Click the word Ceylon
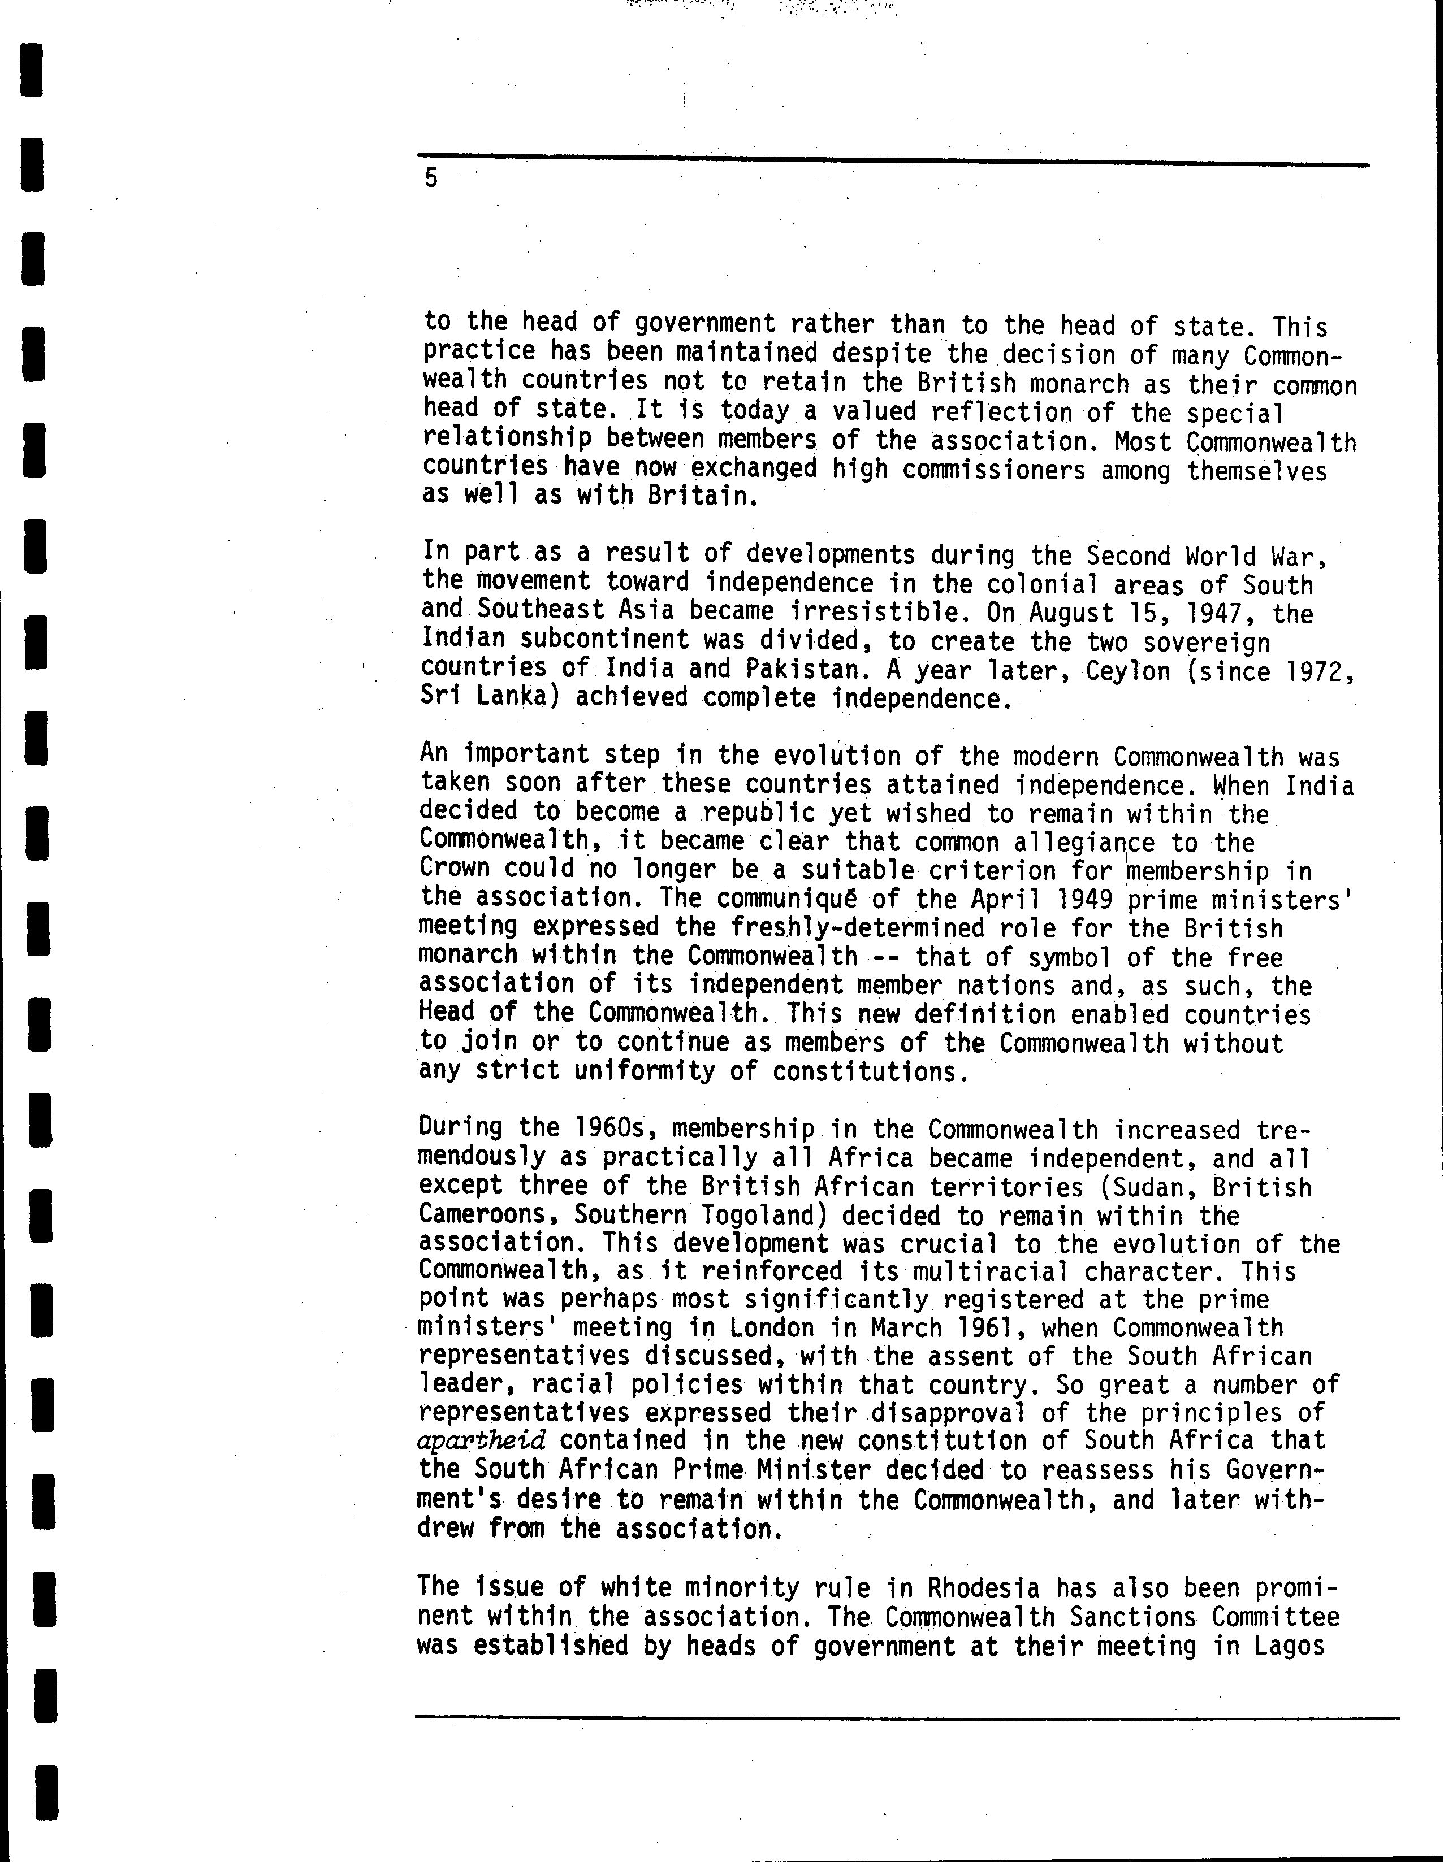click(x=1129, y=671)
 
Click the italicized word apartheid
click(x=482, y=1441)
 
